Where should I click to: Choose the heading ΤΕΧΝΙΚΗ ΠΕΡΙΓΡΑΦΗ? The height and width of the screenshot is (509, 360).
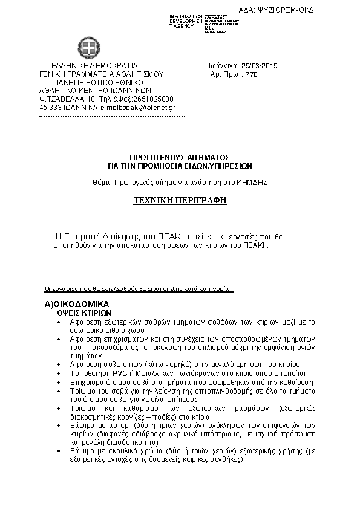pyautogui.click(x=180, y=199)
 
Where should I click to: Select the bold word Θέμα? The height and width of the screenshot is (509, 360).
pyautogui.click(x=102, y=181)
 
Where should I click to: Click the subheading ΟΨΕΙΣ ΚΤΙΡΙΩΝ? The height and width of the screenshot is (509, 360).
pyautogui.click(x=84, y=314)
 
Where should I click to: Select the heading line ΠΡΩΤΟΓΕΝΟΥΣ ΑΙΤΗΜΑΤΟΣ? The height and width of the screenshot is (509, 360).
pyautogui.click(x=180, y=156)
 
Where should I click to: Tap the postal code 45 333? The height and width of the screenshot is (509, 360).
pyautogui.click(x=49, y=107)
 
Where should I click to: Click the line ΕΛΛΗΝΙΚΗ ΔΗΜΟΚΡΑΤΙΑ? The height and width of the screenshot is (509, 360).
pyautogui.click(x=94, y=66)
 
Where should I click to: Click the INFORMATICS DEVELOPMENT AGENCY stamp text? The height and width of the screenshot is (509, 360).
pyautogui.click(x=186, y=21)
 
